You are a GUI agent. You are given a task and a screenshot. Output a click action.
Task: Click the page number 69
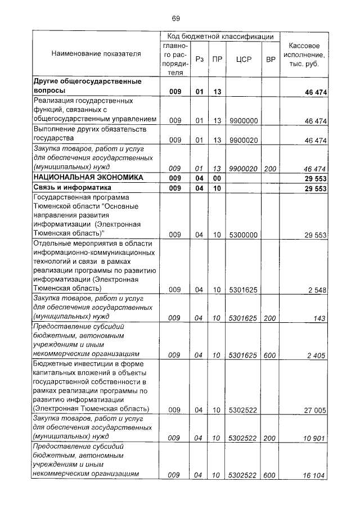click(175, 19)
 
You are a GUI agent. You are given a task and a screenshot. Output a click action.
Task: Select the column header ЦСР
click(243, 58)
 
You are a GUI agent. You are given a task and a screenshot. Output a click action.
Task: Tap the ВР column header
click(270, 58)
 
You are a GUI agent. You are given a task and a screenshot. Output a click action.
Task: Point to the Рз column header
click(199, 58)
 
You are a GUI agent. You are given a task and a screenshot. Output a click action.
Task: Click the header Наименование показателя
click(96, 54)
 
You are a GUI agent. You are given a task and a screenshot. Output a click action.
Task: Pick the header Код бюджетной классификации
click(220, 36)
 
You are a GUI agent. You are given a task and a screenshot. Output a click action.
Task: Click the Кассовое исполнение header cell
click(304, 55)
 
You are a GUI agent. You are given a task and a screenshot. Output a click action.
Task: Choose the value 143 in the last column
click(319, 318)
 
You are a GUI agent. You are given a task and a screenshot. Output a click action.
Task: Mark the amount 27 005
click(315, 411)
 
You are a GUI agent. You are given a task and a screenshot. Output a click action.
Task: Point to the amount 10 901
click(315, 438)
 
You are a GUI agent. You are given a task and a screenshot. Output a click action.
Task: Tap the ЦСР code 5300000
click(243, 235)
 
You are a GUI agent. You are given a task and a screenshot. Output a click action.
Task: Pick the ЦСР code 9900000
click(243, 120)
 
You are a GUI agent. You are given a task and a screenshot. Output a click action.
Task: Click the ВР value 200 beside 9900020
click(270, 168)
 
